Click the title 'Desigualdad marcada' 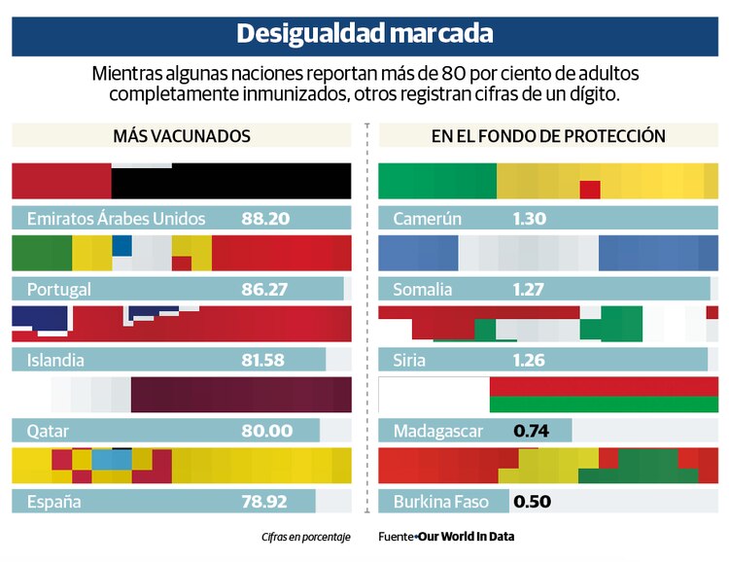point(364,34)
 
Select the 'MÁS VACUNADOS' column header point(182,136)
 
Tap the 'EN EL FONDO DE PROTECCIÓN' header point(548,136)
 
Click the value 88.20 point(265,219)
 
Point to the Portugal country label point(59,289)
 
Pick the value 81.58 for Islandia point(262,360)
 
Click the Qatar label point(51,431)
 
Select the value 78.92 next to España point(263,502)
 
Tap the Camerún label point(428,219)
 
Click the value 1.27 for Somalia point(528,289)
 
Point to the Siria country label point(414,360)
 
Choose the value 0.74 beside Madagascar point(531,431)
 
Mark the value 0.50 point(532,502)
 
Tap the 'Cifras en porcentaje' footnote point(305,537)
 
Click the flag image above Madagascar point(548,395)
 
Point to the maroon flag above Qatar point(240,395)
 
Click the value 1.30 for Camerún point(529,219)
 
